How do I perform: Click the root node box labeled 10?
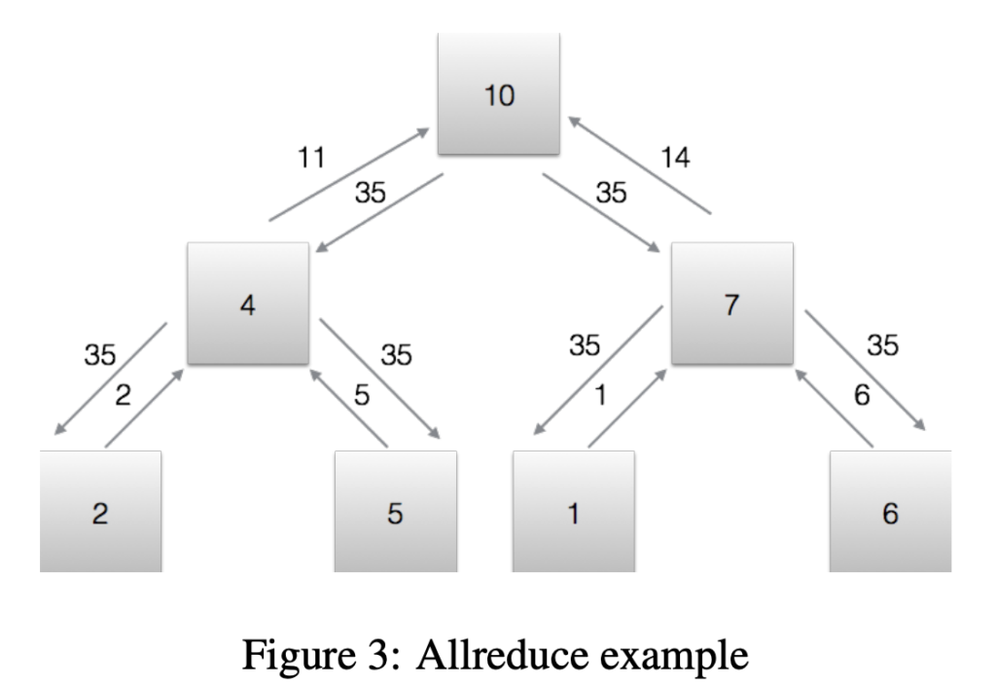498,94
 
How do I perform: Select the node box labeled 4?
249,304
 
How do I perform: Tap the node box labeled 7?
731,304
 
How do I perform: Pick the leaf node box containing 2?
100,512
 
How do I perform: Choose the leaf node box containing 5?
395,512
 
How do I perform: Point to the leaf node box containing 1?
573,512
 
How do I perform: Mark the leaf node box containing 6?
890,512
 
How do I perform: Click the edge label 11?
311,157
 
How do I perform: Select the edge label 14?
675,157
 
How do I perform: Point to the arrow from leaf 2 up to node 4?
143,409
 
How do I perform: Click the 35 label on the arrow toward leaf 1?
585,345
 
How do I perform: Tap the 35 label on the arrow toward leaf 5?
396,355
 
